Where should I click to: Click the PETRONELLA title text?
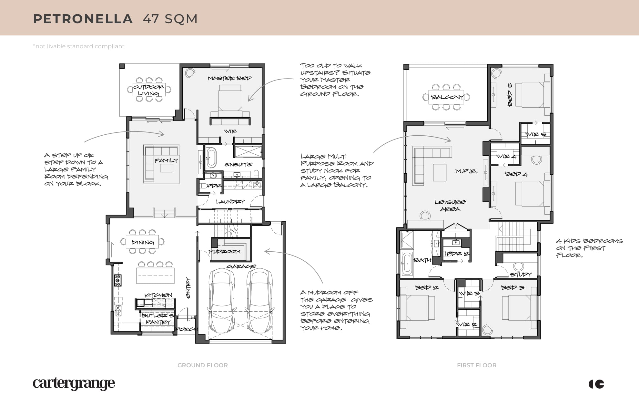83,19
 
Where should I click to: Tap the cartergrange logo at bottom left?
74,383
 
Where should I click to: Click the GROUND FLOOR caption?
203,365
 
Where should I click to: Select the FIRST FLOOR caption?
477,365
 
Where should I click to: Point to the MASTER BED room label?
229,78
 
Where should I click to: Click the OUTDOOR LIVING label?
148,90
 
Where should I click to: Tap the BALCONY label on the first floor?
447,97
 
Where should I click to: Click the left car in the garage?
222,301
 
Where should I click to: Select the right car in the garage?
260,301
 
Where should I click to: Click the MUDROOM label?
224,251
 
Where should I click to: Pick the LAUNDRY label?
230,202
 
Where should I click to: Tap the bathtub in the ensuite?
211,158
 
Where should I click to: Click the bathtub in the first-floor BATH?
407,263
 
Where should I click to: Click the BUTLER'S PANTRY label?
157,319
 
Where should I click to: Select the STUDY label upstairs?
521,275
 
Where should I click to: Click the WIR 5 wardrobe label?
535,134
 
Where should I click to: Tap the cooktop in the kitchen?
118,280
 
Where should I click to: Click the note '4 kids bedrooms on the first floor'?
589,248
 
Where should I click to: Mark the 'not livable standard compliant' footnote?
78,46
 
